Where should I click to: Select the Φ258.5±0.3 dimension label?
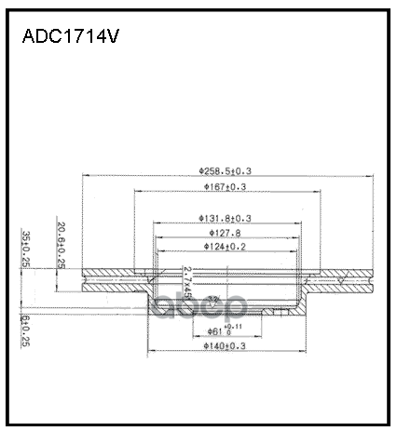pyautogui.click(x=226, y=170)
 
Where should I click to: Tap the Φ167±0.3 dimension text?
pyautogui.click(x=225, y=187)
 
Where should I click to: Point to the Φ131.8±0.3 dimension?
pyautogui.click(x=225, y=218)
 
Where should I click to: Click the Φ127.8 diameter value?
pyautogui.click(x=225, y=233)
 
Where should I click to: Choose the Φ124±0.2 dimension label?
pyautogui.click(x=225, y=247)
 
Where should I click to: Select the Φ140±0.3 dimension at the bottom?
pyautogui.click(x=225, y=346)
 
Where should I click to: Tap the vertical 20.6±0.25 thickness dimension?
pyautogui.click(x=60, y=247)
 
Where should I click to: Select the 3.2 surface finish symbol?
pyautogui.click(x=213, y=300)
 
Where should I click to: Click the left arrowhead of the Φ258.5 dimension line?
pyautogui.click(x=86, y=176)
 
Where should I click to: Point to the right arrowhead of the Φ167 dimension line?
pyautogui.click(x=314, y=193)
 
